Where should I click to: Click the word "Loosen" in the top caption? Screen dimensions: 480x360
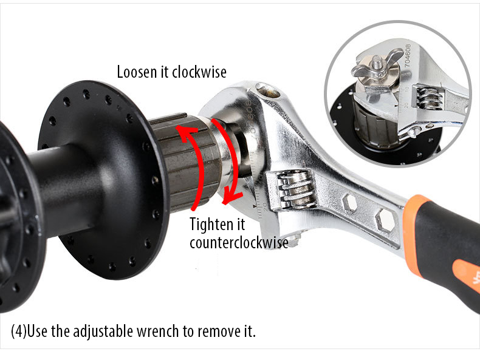137,72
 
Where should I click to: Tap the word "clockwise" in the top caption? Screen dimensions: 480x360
199,72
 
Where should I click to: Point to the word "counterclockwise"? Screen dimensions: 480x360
239,243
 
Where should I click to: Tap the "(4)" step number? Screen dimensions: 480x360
19,331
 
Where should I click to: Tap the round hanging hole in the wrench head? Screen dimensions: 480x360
269,91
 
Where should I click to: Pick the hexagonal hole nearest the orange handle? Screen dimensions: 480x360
386,219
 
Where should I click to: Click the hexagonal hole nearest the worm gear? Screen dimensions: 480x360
349,203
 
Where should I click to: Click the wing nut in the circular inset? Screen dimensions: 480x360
377,65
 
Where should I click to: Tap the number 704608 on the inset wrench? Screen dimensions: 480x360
408,55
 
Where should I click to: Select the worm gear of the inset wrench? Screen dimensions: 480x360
428,98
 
